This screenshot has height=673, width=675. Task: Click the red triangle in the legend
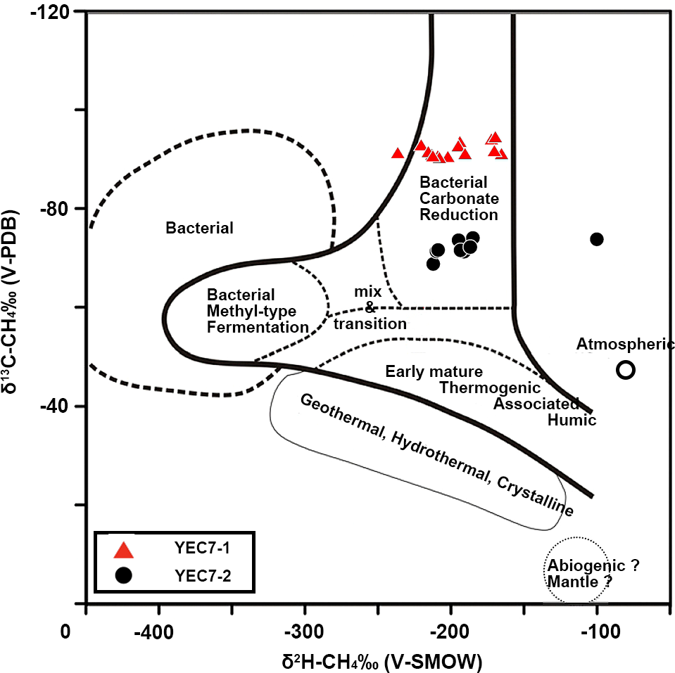(124, 551)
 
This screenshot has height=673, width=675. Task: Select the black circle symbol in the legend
(124, 576)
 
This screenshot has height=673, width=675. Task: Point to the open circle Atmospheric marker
(626, 370)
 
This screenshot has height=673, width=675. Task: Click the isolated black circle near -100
(597, 239)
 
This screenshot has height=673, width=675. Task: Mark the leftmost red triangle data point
(398, 153)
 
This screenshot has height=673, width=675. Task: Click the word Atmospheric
(625, 345)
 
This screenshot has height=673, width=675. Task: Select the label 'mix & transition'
(370, 307)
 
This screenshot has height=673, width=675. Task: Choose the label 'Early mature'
(434, 371)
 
